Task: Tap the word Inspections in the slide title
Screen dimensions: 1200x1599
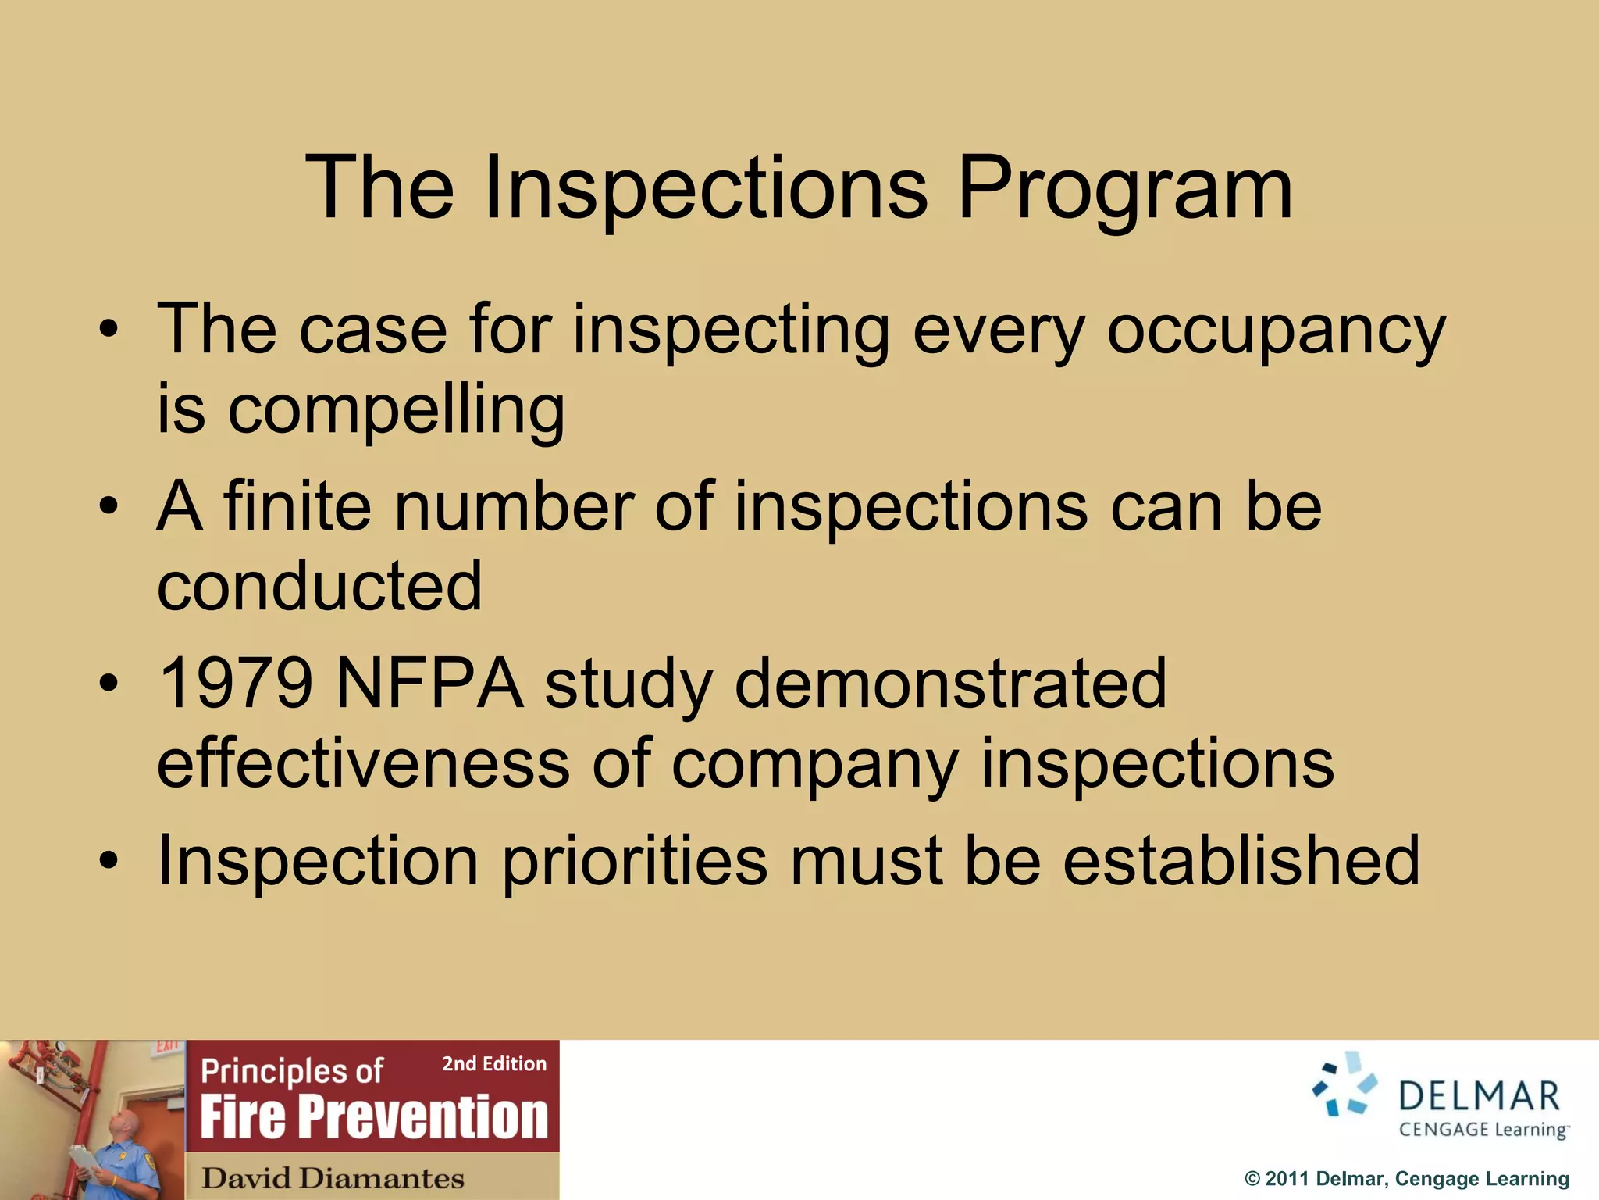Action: coord(705,189)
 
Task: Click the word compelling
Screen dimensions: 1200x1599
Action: coord(396,411)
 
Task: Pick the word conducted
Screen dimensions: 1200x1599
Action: coord(319,586)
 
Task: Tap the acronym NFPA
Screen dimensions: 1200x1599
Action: coord(429,684)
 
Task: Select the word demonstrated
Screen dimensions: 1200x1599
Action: coord(950,684)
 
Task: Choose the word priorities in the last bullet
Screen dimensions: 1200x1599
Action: coord(634,861)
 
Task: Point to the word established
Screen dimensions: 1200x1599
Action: coord(1241,861)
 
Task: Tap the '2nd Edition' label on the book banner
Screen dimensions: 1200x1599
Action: coord(494,1064)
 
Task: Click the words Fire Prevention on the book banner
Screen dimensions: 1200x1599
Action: coord(374,1117)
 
